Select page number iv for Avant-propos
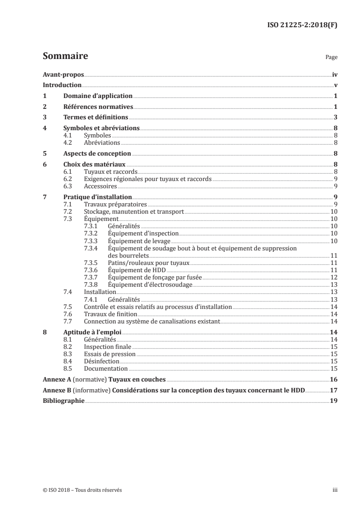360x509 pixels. [335, 74]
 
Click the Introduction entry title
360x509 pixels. [62, 85]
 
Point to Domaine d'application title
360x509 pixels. [98, 96]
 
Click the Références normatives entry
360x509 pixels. [98, 107]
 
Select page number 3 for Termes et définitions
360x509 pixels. [335, 117]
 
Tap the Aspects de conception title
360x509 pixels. [97, 153]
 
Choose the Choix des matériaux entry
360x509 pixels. [94, 164]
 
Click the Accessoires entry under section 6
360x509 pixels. [98, 186]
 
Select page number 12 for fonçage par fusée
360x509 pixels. [334, 277]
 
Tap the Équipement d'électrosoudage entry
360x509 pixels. [150, 284]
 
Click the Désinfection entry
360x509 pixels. [102, 361]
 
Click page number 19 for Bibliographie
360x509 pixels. [334, 401]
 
